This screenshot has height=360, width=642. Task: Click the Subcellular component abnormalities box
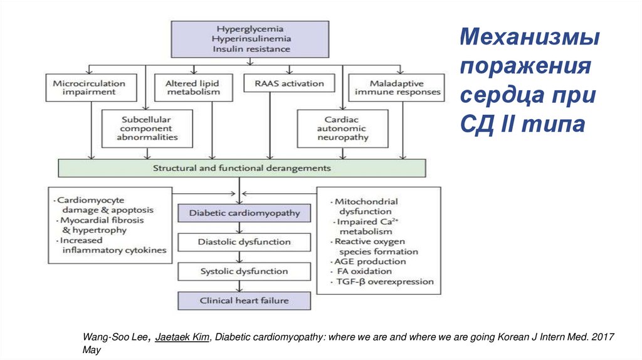[146, 128]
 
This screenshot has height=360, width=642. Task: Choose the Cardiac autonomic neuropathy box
[346, 128]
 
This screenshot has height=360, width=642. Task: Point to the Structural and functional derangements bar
[241, 168]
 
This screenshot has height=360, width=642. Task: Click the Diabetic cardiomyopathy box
[245, 213]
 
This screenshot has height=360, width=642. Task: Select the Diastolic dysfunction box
[245, 242]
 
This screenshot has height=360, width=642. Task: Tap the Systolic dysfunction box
[245, 272]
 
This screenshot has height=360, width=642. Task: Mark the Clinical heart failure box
[245, 300]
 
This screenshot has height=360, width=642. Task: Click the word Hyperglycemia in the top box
[250, 29]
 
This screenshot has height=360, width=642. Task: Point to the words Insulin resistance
[250, 48]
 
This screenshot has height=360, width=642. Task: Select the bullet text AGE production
[370, 262]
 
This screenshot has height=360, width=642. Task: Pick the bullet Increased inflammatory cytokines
[113, 245]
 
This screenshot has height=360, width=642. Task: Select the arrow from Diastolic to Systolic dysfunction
[245, 257]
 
